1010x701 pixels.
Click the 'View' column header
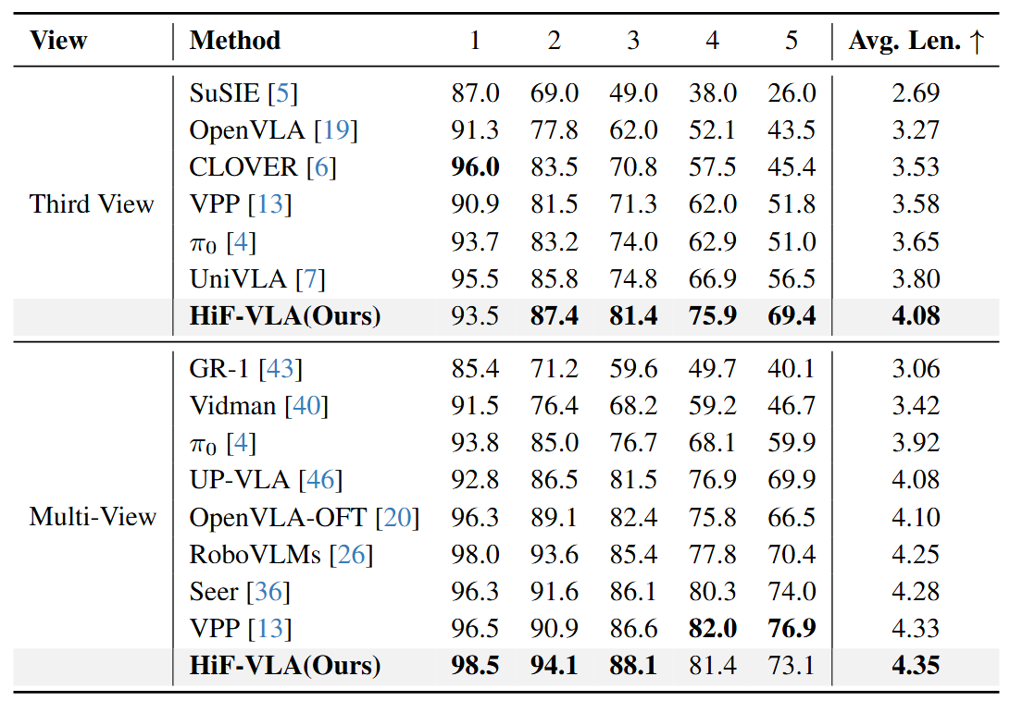(58, 42)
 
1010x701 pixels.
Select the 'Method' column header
(235, 42)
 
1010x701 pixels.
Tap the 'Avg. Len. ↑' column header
(916, 42)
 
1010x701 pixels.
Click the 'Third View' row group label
(92, 203)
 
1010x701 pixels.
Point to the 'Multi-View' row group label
(93, 516)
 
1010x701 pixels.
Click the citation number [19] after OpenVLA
(335, 129)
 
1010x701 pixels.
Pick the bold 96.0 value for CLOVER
(476, 166)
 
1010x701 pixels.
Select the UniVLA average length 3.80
(916, 278)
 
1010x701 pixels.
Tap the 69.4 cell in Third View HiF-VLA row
(792, 316)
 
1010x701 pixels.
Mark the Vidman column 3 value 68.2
(633, 406)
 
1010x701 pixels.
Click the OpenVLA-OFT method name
(278, 517)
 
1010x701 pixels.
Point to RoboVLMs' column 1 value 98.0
(476, 554)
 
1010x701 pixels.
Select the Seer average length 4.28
(916, 591)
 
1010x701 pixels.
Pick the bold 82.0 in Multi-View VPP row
(713, 629)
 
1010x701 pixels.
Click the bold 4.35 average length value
(916, 666)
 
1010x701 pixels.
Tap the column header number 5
(792, 42)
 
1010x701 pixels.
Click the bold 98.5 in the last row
(476, 666)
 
